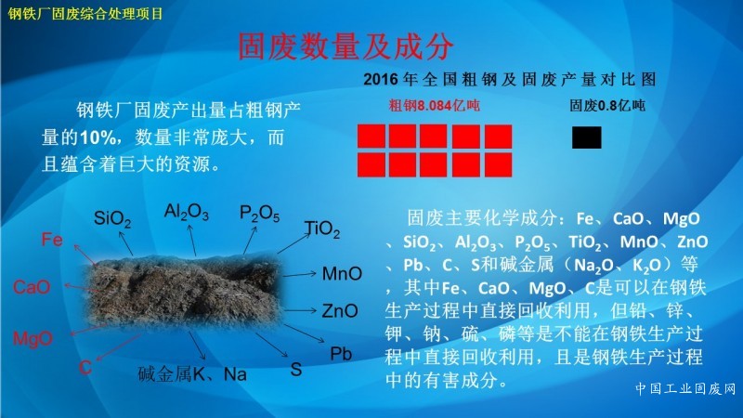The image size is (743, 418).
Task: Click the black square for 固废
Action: coord(587,137)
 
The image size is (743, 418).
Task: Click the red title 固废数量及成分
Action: coord(345,46)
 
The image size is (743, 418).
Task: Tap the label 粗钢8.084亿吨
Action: coord(434,105)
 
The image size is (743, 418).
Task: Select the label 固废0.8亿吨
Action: coord(607,105)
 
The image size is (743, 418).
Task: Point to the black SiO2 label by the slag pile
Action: coord(112,219)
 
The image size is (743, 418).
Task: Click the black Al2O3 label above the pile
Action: coord(187,212)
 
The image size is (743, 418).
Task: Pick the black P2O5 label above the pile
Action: coord(259,214)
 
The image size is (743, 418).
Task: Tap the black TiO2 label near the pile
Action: coord(322,229)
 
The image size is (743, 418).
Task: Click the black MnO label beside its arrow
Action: coord(342,273)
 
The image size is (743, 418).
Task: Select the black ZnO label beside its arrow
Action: coord(340,311)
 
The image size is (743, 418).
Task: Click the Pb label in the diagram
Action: coord(341,354)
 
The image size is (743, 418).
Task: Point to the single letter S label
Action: coord(296,370)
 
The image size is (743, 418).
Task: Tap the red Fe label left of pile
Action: coord(52,240)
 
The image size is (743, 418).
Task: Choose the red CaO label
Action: coord(32,287)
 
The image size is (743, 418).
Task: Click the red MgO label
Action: coord(33,338)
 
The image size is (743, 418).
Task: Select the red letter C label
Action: coord(85,367)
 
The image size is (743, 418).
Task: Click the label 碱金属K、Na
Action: coord(192,374)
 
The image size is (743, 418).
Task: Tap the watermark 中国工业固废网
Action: coord(685,389)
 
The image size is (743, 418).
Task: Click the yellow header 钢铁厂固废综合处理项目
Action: coord(85,13)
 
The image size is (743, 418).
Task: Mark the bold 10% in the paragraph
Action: coord(98,137)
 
